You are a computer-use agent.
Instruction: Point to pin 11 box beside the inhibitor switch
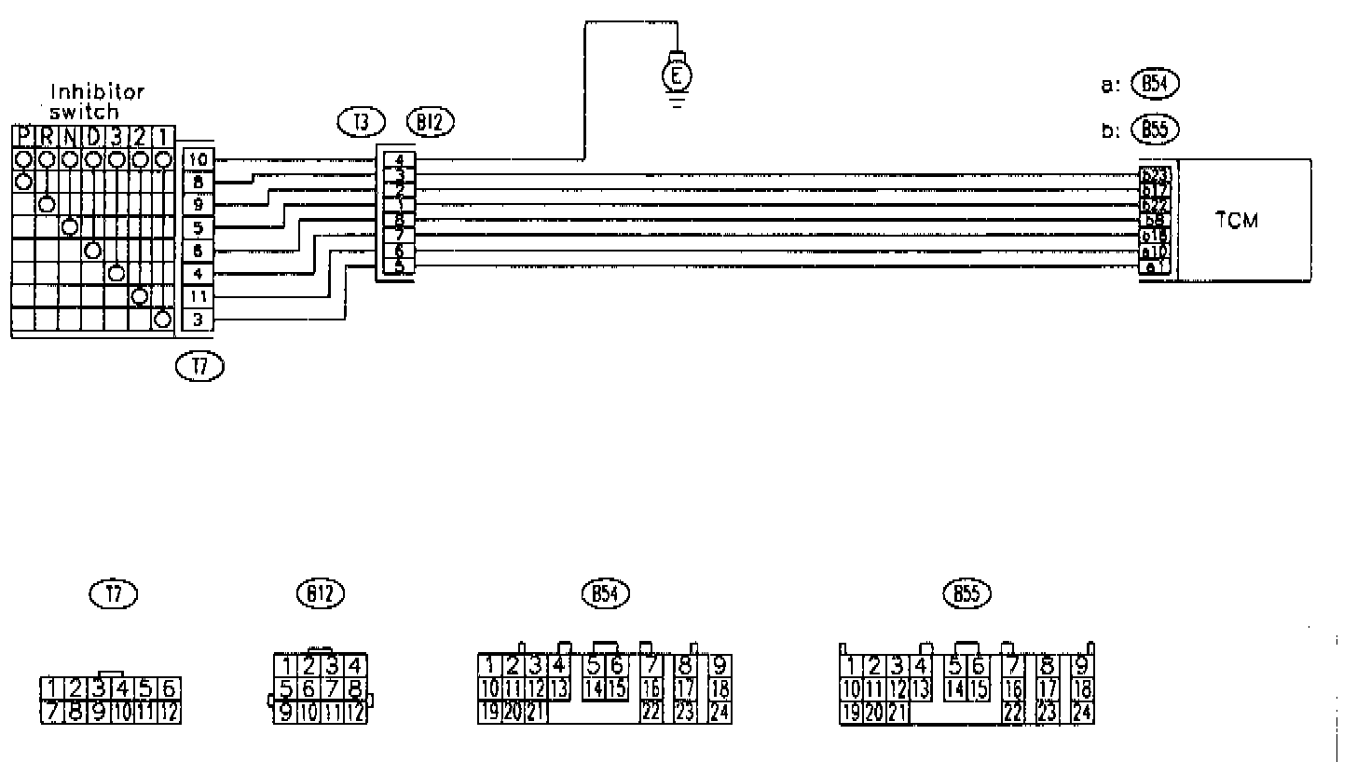point(198,297)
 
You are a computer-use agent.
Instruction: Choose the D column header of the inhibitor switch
point(93,137)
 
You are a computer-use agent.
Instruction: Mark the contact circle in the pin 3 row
point(162,320)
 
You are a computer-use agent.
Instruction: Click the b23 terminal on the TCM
point(1155,174)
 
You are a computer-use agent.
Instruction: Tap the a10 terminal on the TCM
point(1155,252)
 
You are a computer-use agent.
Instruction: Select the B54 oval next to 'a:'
point(1155,84)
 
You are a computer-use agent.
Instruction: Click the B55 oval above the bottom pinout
point(966,592)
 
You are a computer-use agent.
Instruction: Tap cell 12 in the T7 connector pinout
point(169,714)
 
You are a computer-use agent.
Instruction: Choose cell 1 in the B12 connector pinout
point(289,666)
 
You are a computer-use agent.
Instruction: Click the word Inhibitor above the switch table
point(97,92)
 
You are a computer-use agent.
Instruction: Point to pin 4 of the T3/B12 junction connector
point(399,158)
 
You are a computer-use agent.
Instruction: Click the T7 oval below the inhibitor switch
point(199,367)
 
